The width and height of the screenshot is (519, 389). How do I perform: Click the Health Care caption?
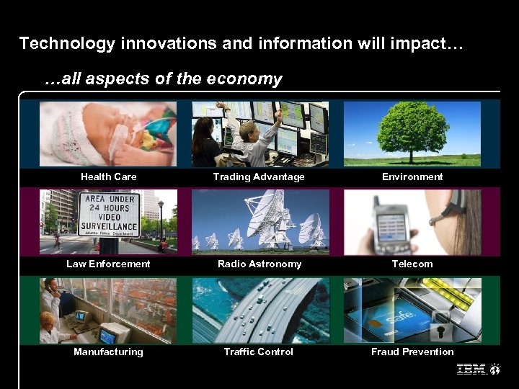[x=108, y=176]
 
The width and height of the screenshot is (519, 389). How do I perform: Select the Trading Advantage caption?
[x=259, y=176]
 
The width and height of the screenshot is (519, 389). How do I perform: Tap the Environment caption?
[x=412, y=176]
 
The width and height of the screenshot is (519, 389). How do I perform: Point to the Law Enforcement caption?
[x=108, y=264]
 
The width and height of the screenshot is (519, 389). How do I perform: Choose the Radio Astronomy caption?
[x=259, y=264]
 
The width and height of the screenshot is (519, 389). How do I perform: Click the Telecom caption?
[x=412, y=264]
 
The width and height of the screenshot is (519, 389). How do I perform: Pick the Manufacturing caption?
[x=108, y=352]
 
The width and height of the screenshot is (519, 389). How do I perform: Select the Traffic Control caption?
[x=259, y=352]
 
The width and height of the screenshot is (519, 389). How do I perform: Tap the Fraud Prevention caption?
[x=412, y=352]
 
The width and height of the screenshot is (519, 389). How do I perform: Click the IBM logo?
[x=471, y=370]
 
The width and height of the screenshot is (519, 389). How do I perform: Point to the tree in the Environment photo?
[x=413, y=130]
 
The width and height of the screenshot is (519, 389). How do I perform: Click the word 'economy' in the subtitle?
[x=249, y=79]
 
